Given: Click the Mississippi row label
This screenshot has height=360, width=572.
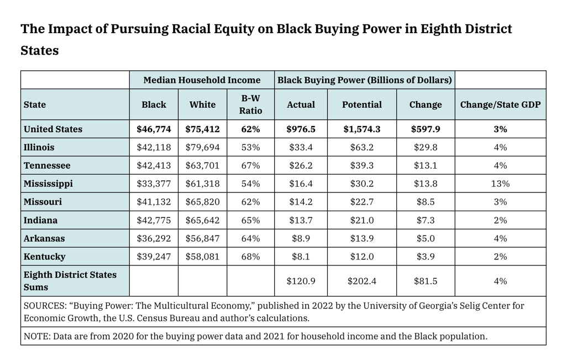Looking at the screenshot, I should pos(48,184).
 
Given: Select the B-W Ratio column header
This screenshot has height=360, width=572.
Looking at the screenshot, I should pos(250,105).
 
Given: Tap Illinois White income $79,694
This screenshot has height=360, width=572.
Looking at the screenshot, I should pos(202,147).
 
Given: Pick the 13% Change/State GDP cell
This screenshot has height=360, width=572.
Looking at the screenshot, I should pos(500,184).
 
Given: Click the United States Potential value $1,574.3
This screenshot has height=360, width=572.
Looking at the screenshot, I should pos(361,129).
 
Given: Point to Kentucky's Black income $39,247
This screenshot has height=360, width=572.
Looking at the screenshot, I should pos(154,257).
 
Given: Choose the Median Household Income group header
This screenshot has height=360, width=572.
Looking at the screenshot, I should pos(202,80).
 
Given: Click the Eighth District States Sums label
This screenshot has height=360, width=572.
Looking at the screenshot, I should pos(70,281).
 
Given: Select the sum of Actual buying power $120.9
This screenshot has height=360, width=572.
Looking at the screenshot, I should pos(301,281).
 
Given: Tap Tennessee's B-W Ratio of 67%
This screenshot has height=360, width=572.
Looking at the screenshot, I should pos(250,165).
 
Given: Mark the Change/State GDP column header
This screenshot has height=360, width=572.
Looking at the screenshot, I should pos(500,105).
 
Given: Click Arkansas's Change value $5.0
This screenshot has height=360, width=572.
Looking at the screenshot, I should pos(426,238).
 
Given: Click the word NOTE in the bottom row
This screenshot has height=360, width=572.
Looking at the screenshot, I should pos(36,336).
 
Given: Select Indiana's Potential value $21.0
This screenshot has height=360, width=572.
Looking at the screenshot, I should pos(361,220).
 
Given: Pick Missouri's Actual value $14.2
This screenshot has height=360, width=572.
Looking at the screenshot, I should pos(301,202).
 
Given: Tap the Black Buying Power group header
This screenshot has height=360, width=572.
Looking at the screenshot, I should pos(365,80).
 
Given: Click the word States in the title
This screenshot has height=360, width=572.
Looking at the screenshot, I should pos(39,50).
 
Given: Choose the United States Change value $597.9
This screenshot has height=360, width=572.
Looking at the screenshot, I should pos(426,129).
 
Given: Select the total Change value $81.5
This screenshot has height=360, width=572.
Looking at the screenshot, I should pos(426,281).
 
